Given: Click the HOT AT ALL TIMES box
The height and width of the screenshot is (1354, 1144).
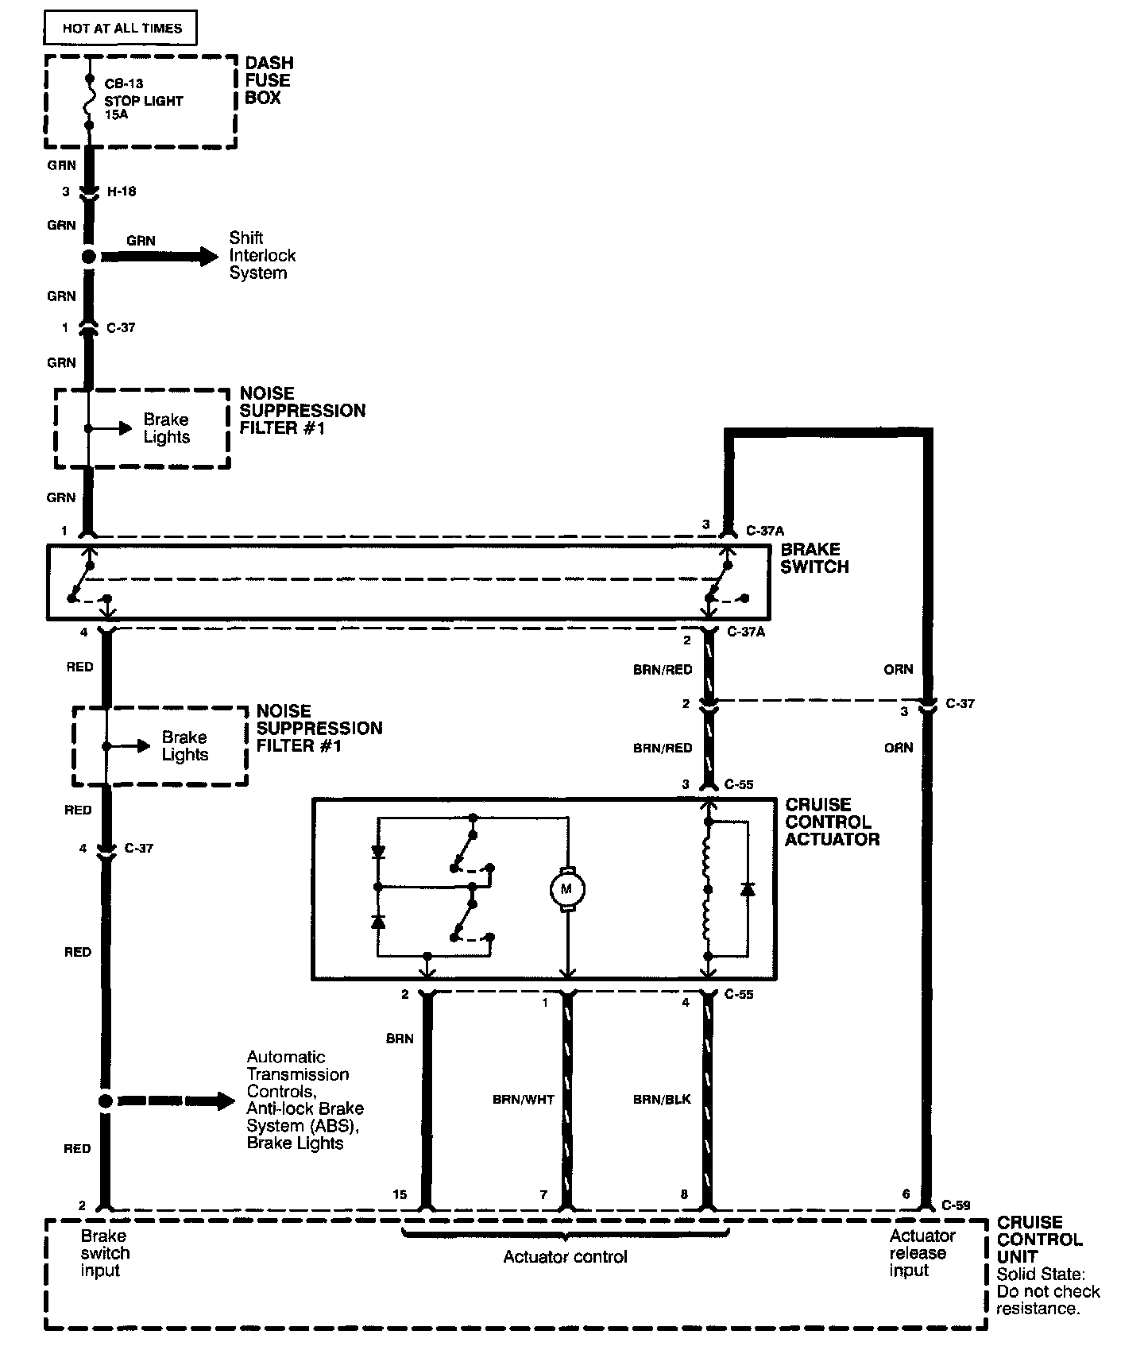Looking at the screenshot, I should [122, 29].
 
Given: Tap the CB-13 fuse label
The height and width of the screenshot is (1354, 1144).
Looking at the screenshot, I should [124, 83].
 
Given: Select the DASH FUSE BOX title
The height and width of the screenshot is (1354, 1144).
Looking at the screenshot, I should [269, 80].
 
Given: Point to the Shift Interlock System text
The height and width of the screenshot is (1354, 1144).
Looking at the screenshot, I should [262, 255].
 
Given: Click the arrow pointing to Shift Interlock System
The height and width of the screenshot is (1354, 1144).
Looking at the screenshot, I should [159, 257].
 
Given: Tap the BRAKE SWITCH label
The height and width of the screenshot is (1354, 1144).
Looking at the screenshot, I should [814, 558].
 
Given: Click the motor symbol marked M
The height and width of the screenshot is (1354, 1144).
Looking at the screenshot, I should [567, 888].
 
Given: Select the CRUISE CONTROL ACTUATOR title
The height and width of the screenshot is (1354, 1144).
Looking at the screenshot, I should [832, 822].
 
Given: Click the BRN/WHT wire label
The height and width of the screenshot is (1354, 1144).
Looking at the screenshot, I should [523, 1100].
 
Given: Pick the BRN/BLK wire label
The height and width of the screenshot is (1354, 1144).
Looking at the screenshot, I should [662, 1100].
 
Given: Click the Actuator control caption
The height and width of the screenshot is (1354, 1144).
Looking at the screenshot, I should [565, 1257].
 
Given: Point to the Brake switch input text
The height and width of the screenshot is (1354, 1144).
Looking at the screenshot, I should [105, 1253].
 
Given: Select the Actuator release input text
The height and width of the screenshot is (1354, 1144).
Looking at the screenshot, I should [921, 1253].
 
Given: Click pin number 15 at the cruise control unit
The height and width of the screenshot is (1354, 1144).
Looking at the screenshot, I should [399, 1194].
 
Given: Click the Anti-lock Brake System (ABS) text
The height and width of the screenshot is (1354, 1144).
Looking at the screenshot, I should [305, 1117].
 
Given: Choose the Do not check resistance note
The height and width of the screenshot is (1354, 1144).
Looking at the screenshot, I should [1048, 1300].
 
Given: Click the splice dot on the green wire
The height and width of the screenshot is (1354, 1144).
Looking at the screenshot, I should [89, 257].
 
